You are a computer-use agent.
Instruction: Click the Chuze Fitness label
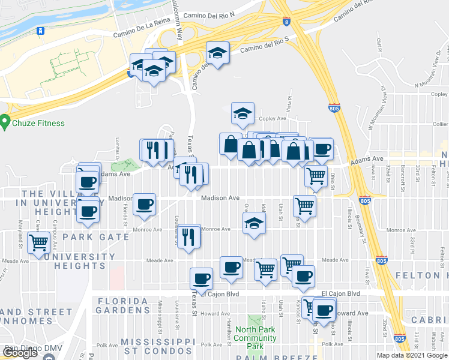tap(39, 124)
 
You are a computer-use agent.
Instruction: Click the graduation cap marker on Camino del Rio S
tap(217, 53)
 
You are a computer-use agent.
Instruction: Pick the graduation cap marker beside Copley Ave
tap(243, 112)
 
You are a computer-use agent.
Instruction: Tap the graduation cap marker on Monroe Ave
tap(254, 224)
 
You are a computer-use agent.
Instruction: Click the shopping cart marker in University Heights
tap(39, 243)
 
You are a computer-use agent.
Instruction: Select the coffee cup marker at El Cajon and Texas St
tap(201, 278)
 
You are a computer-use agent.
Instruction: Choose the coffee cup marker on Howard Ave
tap(324, 310)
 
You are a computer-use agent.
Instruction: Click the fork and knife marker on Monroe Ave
tap(190, 236)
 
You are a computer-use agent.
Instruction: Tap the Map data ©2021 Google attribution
tap(412, 355)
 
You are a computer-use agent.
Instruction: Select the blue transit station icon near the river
tap(41, 31)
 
